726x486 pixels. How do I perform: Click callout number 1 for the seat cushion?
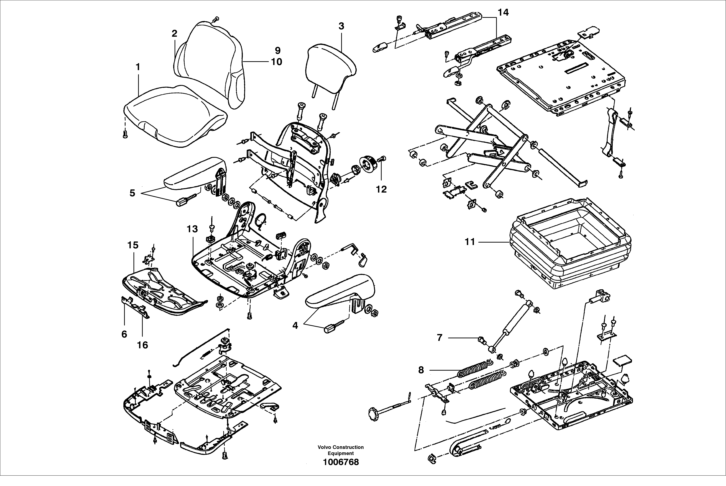(x=138, y=67)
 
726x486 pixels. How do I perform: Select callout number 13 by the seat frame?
(x=192, y=229)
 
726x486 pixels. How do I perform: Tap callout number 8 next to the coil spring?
(x=421, y=370)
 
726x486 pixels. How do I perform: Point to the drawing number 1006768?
(x=341, y=471)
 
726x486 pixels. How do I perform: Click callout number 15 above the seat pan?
(x=133, y=245)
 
